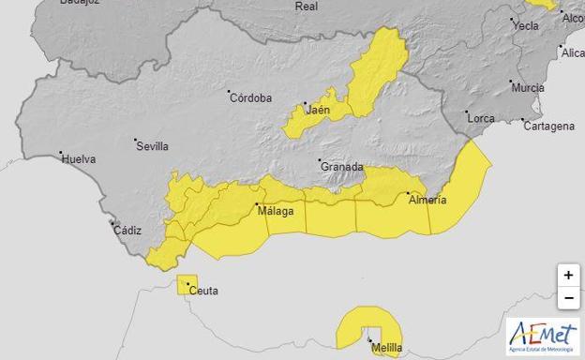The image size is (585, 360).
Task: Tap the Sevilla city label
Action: (153, 146)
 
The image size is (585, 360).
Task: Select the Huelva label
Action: (79, 159)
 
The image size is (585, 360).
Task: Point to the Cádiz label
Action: (127, 230)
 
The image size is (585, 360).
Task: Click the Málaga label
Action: (276, 211)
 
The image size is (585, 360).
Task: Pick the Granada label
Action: (342, 167)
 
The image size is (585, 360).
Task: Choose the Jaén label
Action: (319, 111)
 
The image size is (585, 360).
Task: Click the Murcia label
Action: (528, 88)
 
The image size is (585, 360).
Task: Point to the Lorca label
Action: (481, 119)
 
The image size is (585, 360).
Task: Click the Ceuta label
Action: (203, 292)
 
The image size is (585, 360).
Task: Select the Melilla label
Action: (387, 349)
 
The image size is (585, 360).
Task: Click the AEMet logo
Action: (543, 336)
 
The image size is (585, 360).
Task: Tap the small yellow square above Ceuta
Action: (187, 284)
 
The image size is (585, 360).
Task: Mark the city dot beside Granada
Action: (320, 160)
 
